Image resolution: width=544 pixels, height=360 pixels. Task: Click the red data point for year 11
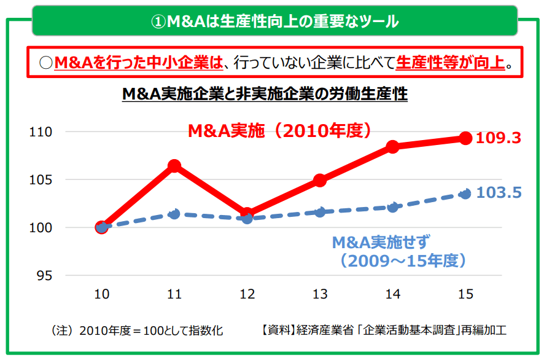tap(174, 166)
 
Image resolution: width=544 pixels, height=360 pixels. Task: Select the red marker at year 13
tap(320, 180)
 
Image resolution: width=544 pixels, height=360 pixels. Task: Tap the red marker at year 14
tap(393, 147)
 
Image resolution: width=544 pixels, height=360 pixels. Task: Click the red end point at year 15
tap(465, 138)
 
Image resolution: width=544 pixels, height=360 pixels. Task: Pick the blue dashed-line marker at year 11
tap(174, 214)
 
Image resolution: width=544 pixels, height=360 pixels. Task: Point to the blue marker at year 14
tap(393, 207)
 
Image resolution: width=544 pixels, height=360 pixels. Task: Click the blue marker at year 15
tap(465, 194)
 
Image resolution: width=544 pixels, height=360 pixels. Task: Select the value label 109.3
tap(499, 138)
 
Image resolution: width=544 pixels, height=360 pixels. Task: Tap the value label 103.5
tap(499, 193)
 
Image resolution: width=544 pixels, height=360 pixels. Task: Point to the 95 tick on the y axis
tap(45, 276)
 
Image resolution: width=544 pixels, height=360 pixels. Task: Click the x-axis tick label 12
tap(247, 295)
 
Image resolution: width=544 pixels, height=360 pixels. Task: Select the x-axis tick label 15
tap(465, 295)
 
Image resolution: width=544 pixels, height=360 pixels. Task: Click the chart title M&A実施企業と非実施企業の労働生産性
tap(265, 95)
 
